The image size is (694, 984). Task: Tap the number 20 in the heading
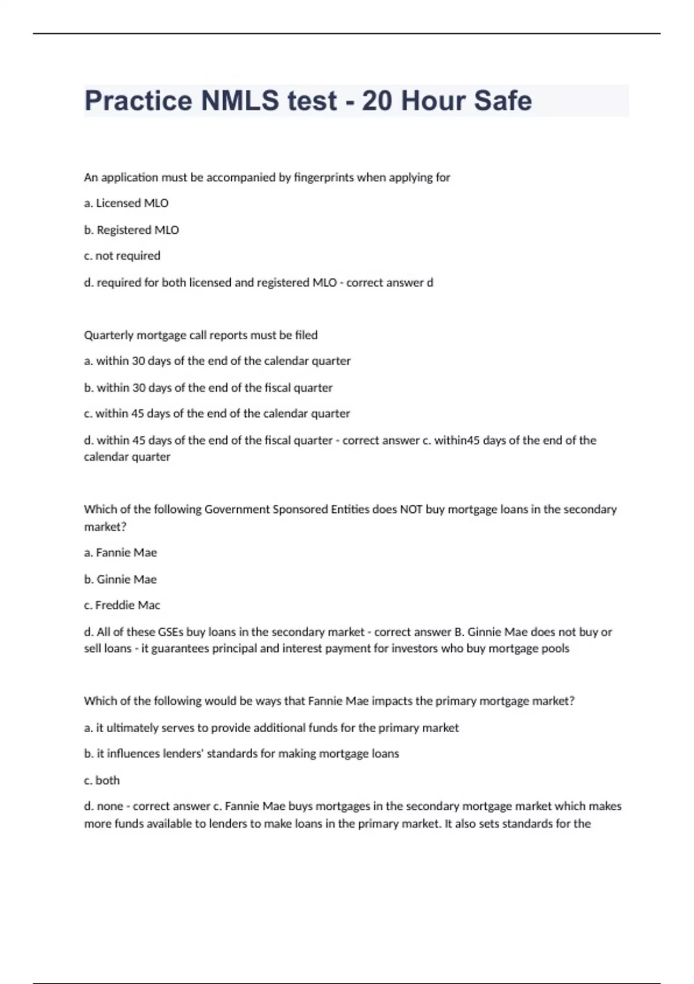tap(376, 101)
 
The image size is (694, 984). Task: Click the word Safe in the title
tap(503, 101)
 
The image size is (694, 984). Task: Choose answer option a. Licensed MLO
tap(126, 203)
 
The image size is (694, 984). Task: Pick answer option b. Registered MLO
tap(131, 230)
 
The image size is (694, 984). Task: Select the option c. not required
tap(122, 256)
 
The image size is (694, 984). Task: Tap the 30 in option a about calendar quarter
tap(139, 361)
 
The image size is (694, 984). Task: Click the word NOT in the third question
tap(411, 509)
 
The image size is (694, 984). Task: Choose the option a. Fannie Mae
tap(120, 553)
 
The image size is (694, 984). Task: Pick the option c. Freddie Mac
tap(122, 605)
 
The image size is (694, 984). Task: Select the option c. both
tap(102, 780)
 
